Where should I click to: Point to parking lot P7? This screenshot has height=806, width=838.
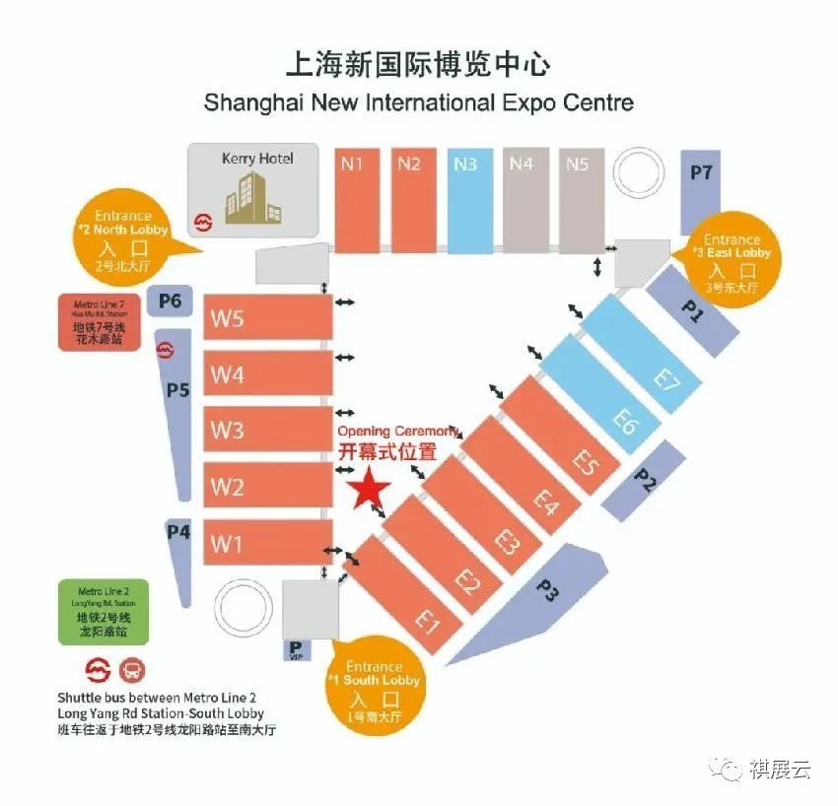click(x=702, y=192)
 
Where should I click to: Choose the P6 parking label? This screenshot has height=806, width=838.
click(x=171, y=301)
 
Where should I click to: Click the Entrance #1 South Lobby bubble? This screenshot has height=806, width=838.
click(x=375, y=687)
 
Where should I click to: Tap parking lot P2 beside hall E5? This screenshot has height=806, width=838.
click(x=645, y=481)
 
